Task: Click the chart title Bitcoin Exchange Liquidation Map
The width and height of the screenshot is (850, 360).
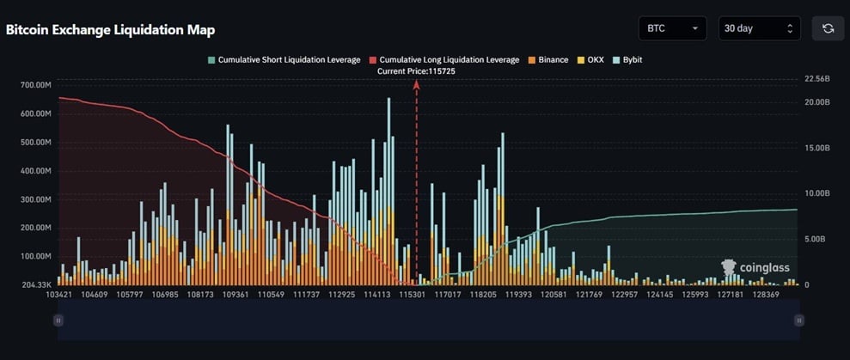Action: (x=110, y=30)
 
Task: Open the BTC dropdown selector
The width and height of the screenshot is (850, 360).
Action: (x=672, y=28)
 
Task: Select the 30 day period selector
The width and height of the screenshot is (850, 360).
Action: (x=759, y=28)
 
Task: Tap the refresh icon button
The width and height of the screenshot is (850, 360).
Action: (x=828, y=28)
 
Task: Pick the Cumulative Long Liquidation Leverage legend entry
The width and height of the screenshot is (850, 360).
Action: (x=444, y=60)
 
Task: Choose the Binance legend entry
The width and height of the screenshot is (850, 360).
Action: (x=548, y=60)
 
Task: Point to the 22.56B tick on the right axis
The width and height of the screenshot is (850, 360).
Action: (x=816, y=78)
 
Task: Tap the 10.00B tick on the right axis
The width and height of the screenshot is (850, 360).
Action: (x=816, y=193)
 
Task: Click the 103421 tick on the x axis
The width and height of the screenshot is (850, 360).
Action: (x=58, y=295)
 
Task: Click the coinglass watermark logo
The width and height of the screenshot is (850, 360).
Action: (x=755, y=268)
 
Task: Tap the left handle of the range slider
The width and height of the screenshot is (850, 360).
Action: (x=58, y=320)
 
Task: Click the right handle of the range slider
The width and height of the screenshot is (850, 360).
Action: (x=799, y=320)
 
